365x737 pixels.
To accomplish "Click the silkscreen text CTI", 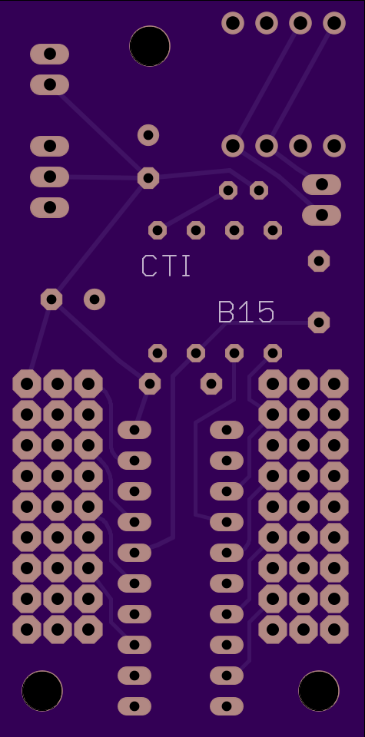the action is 166,266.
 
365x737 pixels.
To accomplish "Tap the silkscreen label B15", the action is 246,312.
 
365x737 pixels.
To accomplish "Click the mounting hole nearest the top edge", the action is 150,46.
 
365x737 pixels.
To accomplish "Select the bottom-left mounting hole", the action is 41,690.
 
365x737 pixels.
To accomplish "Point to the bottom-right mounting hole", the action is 318,690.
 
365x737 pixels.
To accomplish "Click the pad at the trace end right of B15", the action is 318,322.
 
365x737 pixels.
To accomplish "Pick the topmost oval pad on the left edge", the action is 49,54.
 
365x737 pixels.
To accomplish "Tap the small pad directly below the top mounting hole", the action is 148,135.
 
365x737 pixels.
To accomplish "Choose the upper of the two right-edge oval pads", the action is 322,184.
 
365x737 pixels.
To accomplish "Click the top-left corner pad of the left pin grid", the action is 27,384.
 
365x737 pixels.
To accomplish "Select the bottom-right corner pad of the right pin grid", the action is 334,630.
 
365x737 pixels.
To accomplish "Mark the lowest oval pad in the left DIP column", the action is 134,706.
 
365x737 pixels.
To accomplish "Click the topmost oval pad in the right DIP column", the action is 227,430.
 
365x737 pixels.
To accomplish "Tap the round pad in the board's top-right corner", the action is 334,23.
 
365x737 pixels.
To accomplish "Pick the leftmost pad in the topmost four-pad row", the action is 233,23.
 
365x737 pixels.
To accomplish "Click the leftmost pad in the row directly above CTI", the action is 158,230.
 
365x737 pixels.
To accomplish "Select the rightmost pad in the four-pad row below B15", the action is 273,353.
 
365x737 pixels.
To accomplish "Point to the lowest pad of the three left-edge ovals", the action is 49,207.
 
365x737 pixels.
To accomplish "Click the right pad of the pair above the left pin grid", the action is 95,299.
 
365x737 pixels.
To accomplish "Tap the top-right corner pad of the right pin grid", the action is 334,384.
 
